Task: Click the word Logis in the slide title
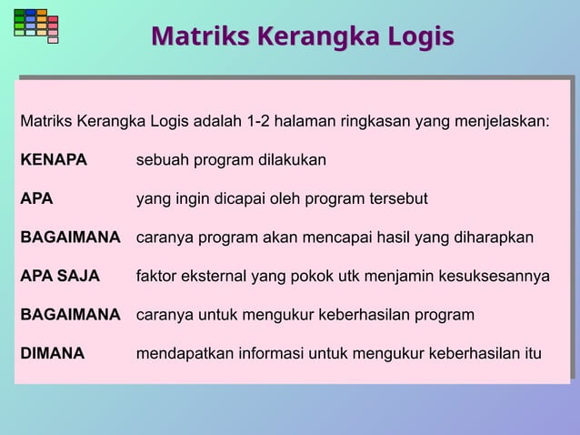coord(415,37)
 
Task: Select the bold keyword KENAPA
coord(54,160)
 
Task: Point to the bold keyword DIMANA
coord(53,354)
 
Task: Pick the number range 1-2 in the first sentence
coord(240,121)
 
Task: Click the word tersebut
coord(395,199)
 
